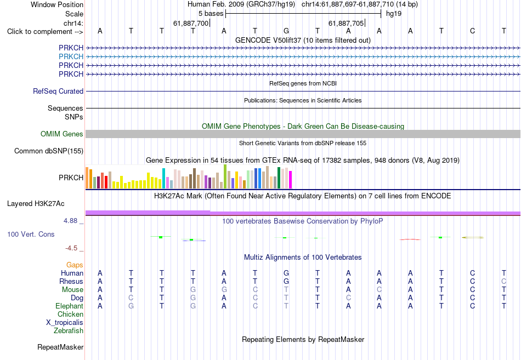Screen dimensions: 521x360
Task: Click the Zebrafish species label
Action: tap(69, 330)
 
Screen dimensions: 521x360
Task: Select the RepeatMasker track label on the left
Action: tap(60, 347)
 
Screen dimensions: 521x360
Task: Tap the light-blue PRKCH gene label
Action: tap(71, 56)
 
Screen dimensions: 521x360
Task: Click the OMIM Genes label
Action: tap(62, 134)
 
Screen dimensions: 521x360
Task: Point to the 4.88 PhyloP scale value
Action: tap(70, 221)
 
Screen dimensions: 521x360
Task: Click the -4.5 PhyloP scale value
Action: tap(71, 248)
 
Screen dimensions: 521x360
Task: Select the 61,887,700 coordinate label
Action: tap(191, 23)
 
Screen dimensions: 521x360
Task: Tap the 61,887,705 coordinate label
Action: tap(346, 23)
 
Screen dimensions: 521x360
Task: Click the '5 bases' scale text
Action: tap(211, 14)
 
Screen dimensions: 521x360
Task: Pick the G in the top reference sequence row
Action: tap(286, 31)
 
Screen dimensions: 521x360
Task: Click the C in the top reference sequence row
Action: tap(473, 31)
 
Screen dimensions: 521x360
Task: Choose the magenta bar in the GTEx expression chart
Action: tap(291, 180)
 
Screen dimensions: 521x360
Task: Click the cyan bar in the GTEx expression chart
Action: tap(163, 178)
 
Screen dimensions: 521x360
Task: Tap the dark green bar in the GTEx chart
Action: tap(279, 178)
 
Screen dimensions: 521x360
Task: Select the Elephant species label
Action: tap(70, 306)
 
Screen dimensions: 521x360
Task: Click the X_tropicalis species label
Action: tap(65, 323)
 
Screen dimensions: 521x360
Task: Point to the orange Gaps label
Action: tap(75, 265)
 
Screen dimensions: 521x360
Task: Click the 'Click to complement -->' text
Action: tap(45, 32)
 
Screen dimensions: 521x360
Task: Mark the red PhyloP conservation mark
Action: tap(410, 239)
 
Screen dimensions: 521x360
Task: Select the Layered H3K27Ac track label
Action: tap(36, 204)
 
